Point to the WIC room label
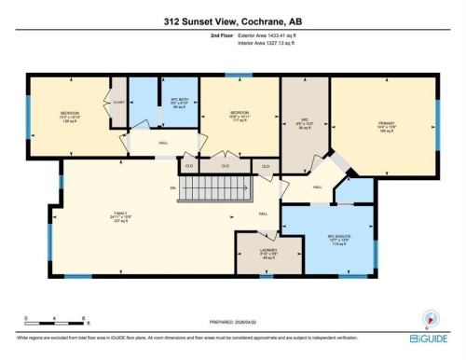click(298, 118)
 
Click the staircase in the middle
click(214, 192)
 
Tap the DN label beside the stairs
click(172, 188)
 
